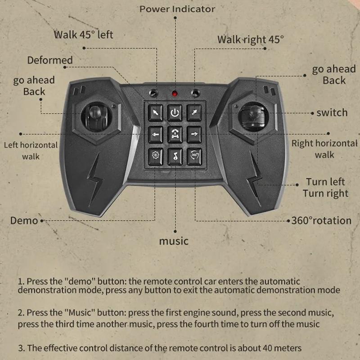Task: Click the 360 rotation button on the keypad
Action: click(194, 156)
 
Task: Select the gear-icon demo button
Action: click(156, 156)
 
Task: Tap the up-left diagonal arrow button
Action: click(156, 112)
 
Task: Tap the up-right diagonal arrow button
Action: click(194, 112)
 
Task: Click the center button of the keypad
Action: click(175, 134)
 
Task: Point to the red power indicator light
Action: click(175, 94)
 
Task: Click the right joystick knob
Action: click(252, 113)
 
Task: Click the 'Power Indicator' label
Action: click(177, 9)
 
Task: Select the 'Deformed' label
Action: click(50, 60)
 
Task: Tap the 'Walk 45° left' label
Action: click(84, 34)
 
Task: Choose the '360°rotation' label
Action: click(321, 220)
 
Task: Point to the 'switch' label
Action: click(332, 112)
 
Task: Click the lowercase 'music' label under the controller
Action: click(174, 241)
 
